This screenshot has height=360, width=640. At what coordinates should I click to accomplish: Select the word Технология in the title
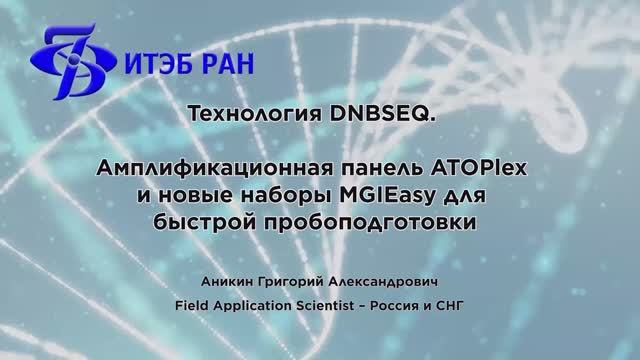pyautogui.click(x=260, y=116)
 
